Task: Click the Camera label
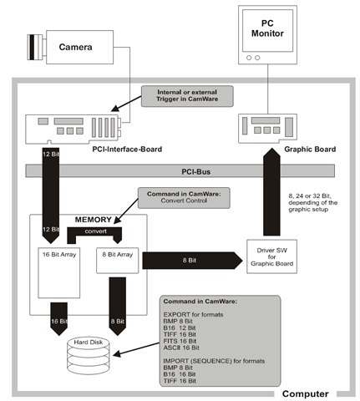(75, 47)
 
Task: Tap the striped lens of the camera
(34, 47)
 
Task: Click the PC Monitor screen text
(267, 28)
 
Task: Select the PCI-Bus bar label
(195, 171)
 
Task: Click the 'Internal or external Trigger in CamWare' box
(187, 96)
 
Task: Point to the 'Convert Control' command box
(184, 198)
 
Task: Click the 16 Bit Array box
(59, 272)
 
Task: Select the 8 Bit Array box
(117, 261)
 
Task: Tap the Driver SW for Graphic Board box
(271, 256)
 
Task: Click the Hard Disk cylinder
(89, 356)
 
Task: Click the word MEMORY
(94, 220)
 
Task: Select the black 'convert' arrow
(94, 231)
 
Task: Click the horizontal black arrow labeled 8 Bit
(192, 261)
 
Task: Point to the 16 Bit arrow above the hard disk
(59, 319)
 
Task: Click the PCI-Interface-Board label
(127, 150)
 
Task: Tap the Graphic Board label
(310, 150)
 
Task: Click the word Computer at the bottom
(306, 393)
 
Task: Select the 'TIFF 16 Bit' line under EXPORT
(180, 334)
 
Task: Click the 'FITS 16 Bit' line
(180, 341)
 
